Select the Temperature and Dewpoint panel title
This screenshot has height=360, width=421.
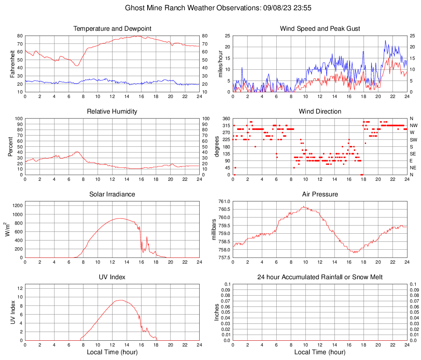click(112, 29)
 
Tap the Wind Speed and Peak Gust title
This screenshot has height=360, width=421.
click(320, 29)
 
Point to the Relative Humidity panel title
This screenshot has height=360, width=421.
click(112, 112)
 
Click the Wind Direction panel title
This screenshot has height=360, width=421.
click(320, 112)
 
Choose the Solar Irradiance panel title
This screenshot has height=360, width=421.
click(112, 194)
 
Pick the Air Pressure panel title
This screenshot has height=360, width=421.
click(320, 194)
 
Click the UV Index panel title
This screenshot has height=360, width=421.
click(112, 277)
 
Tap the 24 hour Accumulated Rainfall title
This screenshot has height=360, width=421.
click(320, 277)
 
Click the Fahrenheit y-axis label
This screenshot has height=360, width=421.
click(13, 64)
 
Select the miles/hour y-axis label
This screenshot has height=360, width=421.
click(220, 64)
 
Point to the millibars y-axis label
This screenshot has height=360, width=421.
click(214, 230)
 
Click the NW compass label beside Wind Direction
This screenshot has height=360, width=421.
click(414, 125)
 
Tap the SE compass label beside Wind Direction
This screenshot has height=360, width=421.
click(413, 154)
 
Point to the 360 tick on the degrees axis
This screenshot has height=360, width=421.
click(226, 118)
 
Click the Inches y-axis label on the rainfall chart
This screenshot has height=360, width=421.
click(217, 312)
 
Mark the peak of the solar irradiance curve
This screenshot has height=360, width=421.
click(120, 218)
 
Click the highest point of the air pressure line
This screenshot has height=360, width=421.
click(304, 206)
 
